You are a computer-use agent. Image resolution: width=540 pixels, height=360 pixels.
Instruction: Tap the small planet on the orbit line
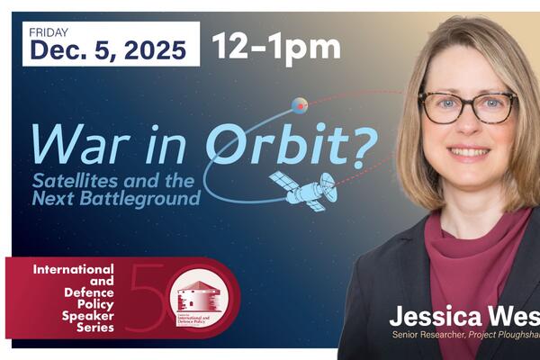pos(300,105)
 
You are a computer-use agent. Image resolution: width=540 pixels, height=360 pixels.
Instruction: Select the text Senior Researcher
pos(431,336)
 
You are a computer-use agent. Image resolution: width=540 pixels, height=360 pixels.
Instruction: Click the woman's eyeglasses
pos(468,107)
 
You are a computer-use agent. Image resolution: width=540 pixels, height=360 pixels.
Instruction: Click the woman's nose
pos(469,128)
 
